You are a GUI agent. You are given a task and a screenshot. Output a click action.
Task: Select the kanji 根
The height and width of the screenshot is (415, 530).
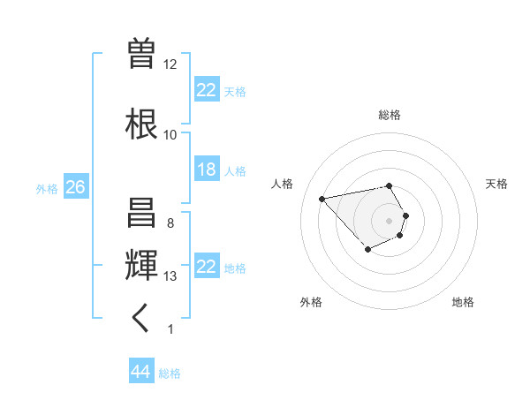point(142,122)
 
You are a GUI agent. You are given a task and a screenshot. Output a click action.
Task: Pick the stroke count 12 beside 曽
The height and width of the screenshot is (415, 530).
point(170,64)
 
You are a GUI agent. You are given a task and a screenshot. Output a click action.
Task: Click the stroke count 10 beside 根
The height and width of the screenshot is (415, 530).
point(170,135)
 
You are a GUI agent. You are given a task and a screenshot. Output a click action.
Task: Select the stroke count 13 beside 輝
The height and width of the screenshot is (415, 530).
point(170,276)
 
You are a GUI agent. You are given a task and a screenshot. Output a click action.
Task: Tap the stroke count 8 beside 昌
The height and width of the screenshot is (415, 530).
point(170,223)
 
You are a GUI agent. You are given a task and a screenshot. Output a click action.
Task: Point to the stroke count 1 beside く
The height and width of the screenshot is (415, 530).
point(170,329)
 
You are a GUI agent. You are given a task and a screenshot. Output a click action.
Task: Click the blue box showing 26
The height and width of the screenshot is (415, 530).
point(75,187)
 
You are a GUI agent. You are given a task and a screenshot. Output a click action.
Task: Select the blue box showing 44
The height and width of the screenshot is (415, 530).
point(140,372)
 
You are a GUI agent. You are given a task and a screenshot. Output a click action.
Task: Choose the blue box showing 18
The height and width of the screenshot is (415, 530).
point(206,170)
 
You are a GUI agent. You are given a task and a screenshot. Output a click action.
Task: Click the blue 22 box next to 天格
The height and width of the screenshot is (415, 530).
point(206,90)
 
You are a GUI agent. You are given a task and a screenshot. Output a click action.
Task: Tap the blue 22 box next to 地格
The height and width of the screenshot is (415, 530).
point(206,267)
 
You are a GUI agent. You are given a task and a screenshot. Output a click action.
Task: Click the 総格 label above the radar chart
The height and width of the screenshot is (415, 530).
point(389,115)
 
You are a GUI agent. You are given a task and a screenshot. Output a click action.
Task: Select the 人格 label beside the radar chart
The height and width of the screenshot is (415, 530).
point(282,184)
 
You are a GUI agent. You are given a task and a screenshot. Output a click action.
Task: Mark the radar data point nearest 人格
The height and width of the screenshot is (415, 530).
point(322,198)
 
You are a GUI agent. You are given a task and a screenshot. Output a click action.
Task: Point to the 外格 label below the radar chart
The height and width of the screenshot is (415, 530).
point(311,302)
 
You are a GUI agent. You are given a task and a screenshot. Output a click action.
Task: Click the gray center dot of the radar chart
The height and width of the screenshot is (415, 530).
point(389,221)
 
